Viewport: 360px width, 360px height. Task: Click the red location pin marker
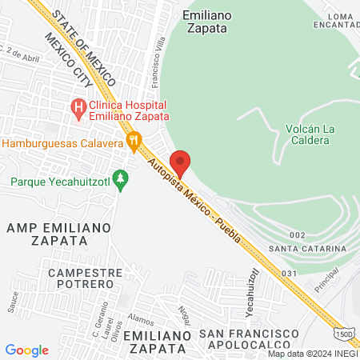(180, 162)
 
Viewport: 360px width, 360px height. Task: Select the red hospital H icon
(78, 106)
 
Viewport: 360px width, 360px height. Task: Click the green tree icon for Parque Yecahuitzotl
(121, 178)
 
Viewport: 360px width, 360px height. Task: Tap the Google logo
(26, 350)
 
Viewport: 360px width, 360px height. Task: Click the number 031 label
(289, 273)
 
